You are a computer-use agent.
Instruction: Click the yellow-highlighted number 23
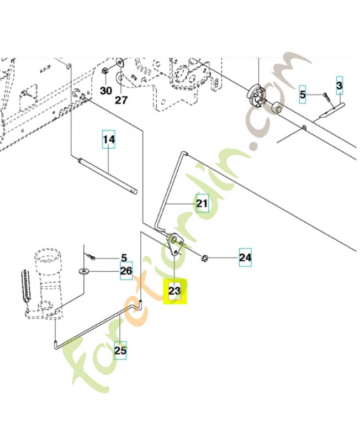175,291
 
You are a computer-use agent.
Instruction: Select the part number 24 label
245,257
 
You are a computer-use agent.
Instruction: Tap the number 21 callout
202,204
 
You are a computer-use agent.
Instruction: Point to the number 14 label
109,140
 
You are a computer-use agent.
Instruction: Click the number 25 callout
120,350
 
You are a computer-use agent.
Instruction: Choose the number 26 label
126,271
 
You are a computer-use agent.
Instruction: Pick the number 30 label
105,90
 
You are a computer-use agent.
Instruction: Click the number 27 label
121,100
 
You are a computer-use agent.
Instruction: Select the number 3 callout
340,86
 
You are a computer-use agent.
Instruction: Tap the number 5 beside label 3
302,94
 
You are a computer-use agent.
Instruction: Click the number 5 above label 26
124,257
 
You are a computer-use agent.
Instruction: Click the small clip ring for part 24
204,257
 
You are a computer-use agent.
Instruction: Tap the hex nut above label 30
105,71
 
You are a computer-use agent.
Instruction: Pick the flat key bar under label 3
330,113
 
